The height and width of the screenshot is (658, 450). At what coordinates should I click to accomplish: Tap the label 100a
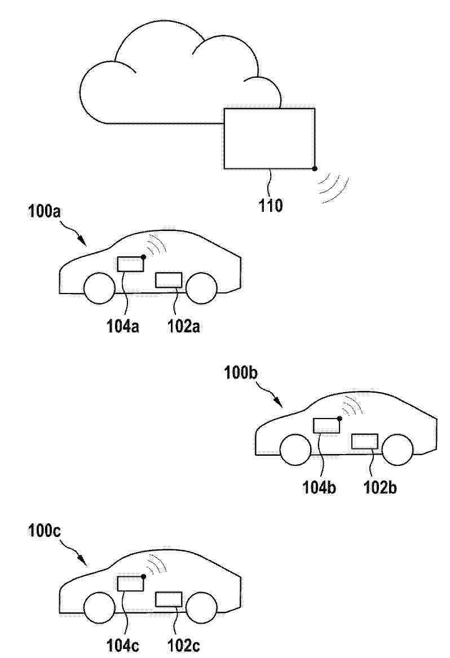45,211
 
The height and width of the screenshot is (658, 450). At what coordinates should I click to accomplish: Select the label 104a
123,326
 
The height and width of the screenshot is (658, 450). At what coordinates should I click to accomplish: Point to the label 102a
183,326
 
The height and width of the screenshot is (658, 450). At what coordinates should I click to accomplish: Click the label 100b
241,373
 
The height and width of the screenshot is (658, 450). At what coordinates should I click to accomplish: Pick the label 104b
319,487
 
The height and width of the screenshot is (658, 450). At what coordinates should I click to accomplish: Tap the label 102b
380,487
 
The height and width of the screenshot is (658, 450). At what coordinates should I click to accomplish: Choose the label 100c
45,531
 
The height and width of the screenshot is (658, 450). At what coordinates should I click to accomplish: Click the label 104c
123,646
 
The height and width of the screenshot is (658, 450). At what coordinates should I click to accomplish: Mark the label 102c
183,646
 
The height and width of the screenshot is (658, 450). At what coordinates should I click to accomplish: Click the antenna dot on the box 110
315,169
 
